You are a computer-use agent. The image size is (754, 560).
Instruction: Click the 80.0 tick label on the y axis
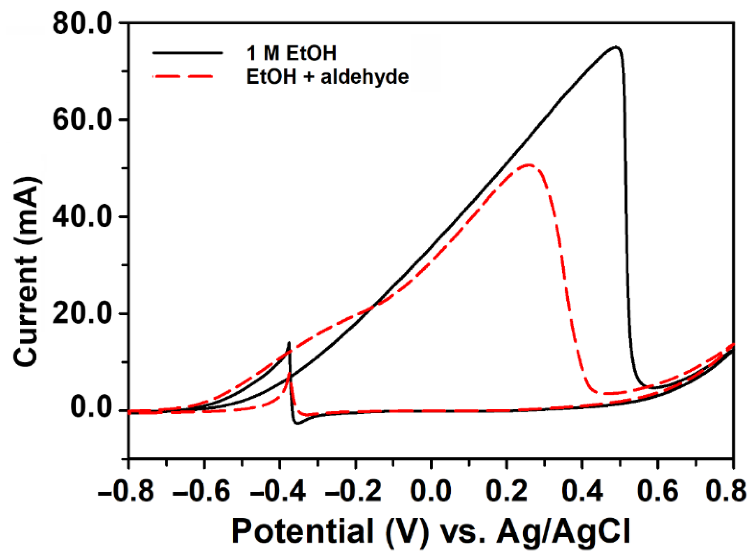tap(82, 24)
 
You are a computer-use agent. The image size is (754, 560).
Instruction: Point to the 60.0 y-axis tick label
tap(82, 120)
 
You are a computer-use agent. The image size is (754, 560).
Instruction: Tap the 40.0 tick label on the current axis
tap(82, 217)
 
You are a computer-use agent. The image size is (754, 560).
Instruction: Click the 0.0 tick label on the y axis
tap(91, 409)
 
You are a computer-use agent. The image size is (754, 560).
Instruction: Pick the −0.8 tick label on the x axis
tap(126, 491)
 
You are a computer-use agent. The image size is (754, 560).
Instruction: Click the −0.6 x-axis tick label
tap(201, 491)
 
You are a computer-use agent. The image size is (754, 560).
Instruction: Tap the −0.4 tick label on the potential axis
tap(277, 491)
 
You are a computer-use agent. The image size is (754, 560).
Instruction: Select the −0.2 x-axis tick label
tap(353, 491)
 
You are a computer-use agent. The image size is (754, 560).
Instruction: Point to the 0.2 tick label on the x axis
tap(506, 491)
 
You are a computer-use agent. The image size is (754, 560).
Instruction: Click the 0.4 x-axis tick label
tap(582, 491)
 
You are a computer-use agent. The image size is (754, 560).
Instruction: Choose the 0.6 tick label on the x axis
tap(658, 491)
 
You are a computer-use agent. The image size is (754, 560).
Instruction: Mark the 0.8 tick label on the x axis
tap(726, 491)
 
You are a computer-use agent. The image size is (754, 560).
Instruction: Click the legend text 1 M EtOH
tap(291, 54)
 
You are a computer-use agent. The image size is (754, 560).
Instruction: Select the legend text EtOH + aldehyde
tap(327, 77)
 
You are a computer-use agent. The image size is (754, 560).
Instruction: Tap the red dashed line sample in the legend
tap(183, 76)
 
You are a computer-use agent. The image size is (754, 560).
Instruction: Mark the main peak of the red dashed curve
tap(528, 165)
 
